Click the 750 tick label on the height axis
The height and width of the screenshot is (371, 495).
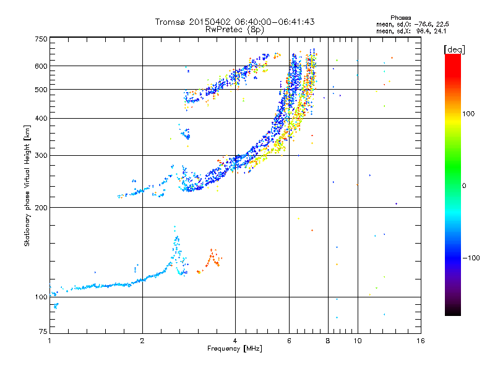(41, 38)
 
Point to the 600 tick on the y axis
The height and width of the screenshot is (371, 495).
(41, 66)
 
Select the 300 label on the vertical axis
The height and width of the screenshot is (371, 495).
(41, 155)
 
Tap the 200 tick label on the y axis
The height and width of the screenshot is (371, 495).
(41, 208)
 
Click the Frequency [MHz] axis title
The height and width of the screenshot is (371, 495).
(235, 349)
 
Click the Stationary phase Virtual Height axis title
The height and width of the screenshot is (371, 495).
(27, 185)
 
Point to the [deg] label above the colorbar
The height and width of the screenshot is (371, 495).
(455, 49)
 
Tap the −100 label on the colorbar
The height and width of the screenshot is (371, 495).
(473, 257)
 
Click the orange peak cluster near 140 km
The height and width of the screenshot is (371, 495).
(212, 258)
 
